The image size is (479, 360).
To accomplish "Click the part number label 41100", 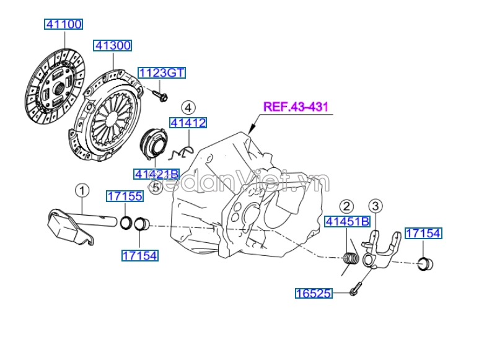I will click(x=63, y=24).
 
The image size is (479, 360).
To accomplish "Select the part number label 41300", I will click(x=112, y=45).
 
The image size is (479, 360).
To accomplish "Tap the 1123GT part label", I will click(x=161, y=73).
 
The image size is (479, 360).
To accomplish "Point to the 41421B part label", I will click(x=156, y=173).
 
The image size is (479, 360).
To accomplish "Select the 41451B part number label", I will click(x=347, y=222).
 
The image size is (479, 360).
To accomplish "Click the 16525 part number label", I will click(x=314, y=293).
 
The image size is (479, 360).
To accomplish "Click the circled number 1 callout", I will click(x=83, y=189).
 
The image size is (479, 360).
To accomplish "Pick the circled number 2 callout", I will click(x=346, y=206).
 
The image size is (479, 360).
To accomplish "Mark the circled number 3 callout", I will click(x=376, y=205).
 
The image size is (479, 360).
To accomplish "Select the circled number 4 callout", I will click(x=188, y=107).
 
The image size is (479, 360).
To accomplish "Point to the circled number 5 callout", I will click(x=156, y=187).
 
